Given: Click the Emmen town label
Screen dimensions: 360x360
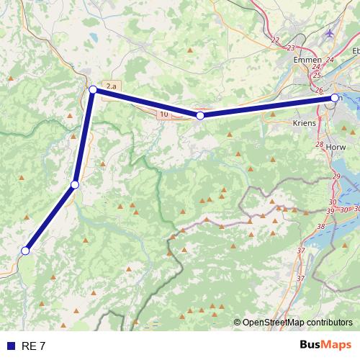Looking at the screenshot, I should (x=307, y=60).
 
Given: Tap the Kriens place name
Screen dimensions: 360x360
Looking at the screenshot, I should (x=305, y=124).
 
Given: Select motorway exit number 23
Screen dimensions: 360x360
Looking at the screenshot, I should (x=291, y=48).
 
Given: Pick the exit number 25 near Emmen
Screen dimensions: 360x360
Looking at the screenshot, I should (x=317, y=75).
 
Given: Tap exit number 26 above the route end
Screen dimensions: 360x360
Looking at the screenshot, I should (x=320, y=91).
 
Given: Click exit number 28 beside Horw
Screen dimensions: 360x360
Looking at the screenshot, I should (x=320, y=145).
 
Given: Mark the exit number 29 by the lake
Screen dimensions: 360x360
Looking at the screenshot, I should (x=336, y=177).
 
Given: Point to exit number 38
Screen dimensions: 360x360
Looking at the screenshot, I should (x=320, y=226).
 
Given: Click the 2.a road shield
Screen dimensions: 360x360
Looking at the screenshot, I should (x=111, y=86).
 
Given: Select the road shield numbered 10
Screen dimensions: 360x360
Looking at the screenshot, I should (x=164, y=114).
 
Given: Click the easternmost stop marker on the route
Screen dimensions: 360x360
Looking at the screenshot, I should (x=335, y=97).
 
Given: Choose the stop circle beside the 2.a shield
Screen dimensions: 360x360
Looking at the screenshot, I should (x=93, y=89).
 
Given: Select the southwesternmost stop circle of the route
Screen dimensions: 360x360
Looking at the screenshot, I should (x=25, y=251).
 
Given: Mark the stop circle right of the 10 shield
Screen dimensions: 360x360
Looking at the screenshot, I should (x=200, y=115).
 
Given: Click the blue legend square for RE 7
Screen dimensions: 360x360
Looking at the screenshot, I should (x=11, y=346).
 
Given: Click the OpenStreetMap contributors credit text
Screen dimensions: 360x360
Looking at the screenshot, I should (x=297, y=323).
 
